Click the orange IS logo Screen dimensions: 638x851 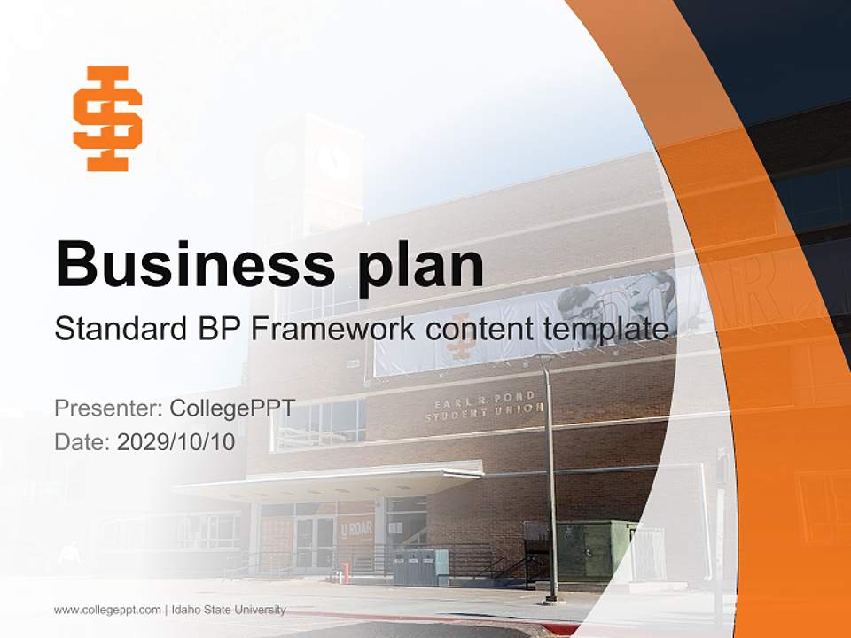(107, 118)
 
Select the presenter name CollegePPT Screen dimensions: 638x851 (231, 408)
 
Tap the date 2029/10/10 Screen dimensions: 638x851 (176, 441)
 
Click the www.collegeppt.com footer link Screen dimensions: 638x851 (107, 610)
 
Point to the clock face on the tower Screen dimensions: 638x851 (334, 159)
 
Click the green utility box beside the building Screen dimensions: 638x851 (596, 549)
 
